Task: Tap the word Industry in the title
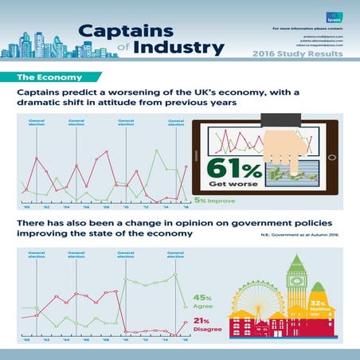click(178, 48)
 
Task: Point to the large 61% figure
click(235, 168)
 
